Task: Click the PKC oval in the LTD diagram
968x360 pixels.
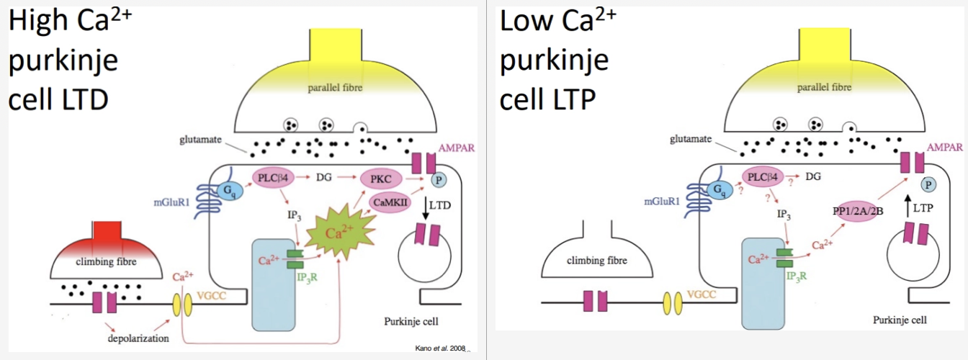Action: click(381, 179)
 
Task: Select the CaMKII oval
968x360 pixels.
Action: click(390, 203)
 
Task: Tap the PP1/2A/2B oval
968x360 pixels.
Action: click(858, 212)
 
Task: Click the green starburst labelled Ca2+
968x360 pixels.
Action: click(341, 233)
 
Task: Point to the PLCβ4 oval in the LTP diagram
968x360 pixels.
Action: click(763, 176)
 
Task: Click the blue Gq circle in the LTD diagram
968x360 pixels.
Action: click(230, 191)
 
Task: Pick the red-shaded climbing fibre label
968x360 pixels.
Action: click(106, 261)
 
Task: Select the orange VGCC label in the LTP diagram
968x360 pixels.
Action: click(702, 294)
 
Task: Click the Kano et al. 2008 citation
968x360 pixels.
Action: click(440, 348)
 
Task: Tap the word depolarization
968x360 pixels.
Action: click(138, 338)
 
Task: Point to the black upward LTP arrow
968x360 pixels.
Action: click(907, 207)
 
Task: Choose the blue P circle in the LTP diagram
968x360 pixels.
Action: click(928, 185)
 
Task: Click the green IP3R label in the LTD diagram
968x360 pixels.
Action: click(307, 277)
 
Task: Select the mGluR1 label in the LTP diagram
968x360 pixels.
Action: click(662, 202)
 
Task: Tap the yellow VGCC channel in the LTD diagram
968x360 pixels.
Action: click(182, 305)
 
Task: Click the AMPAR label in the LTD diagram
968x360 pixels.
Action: click(457, 148)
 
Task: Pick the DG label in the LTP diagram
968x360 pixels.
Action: click(813, 176)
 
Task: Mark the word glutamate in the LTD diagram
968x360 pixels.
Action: click(200, 140)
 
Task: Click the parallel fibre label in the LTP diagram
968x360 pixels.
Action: click(824, 87)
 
